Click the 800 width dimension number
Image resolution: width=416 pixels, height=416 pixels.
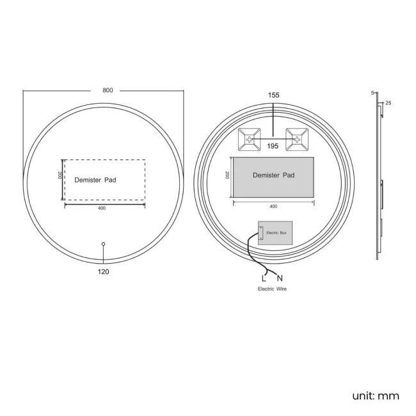(104, 90)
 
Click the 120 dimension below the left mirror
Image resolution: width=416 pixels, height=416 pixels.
(104, 272)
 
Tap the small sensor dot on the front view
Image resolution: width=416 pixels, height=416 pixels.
(104, 243)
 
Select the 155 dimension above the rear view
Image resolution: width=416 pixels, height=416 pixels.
(274, 95)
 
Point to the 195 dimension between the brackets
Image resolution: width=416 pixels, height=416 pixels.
(273, 147)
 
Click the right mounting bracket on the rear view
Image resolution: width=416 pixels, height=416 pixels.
(298, 140)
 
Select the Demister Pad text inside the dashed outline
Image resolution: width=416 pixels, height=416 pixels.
(95, 180)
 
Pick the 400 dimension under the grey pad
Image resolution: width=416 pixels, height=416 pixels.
(273, 206)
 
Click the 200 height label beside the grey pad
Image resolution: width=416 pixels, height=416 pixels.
(228, 175)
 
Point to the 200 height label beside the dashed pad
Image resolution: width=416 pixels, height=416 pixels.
(59, 175)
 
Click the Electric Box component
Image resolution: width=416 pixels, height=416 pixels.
(274, 234)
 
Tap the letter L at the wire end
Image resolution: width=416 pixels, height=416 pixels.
(264, 278)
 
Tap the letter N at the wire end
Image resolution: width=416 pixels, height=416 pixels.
(280, 278)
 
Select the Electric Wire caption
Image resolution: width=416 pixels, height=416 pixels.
(273, 290)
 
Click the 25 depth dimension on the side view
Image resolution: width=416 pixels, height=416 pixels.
(388, 103)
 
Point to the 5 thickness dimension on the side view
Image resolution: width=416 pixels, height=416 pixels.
(372, 93)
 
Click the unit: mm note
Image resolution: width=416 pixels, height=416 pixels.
(375, 396)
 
